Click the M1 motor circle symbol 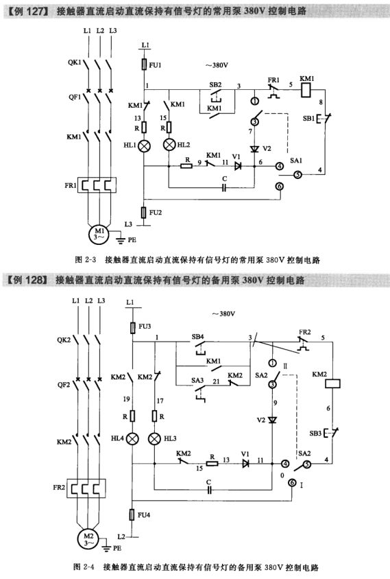pos(100,233)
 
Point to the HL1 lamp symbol pos(145,146)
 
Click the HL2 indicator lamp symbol pos(168,145)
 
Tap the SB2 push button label pos(216,85)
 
